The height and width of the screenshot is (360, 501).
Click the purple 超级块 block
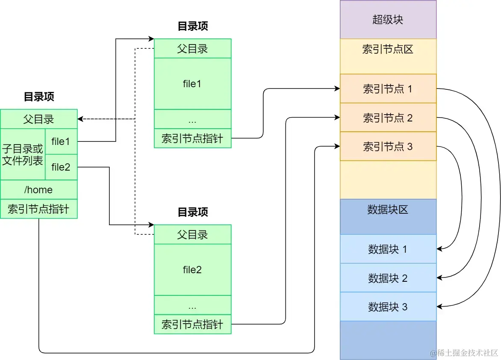[388, 20]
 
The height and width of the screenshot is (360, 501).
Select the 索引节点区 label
[388, 50]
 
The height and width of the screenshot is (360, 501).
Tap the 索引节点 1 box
[388, 89]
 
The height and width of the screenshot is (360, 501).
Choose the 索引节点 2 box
[388, 118]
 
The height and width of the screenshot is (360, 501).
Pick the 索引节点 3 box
[388, 147]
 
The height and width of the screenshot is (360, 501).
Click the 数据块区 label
[388, 210]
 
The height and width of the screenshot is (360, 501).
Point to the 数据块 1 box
[388, 249]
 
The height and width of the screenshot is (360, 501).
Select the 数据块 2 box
[388, 278]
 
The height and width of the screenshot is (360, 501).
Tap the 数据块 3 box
[388, 307]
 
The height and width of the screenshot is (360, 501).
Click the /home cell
[38, 189]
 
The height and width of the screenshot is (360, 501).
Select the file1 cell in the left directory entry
[61, 141]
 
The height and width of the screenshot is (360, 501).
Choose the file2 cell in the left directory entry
[61, 167]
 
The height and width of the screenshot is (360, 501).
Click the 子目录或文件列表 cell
[23, 154]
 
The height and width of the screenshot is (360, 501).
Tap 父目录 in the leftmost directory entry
[38, 118]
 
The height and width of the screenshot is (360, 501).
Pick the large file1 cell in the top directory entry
[192, 84]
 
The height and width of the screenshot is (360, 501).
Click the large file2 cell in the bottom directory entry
[192, 270]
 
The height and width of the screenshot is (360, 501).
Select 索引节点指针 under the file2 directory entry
[192, 324]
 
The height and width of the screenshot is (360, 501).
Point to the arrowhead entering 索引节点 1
[337, 89]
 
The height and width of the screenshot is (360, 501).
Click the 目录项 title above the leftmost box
[38, 97]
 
